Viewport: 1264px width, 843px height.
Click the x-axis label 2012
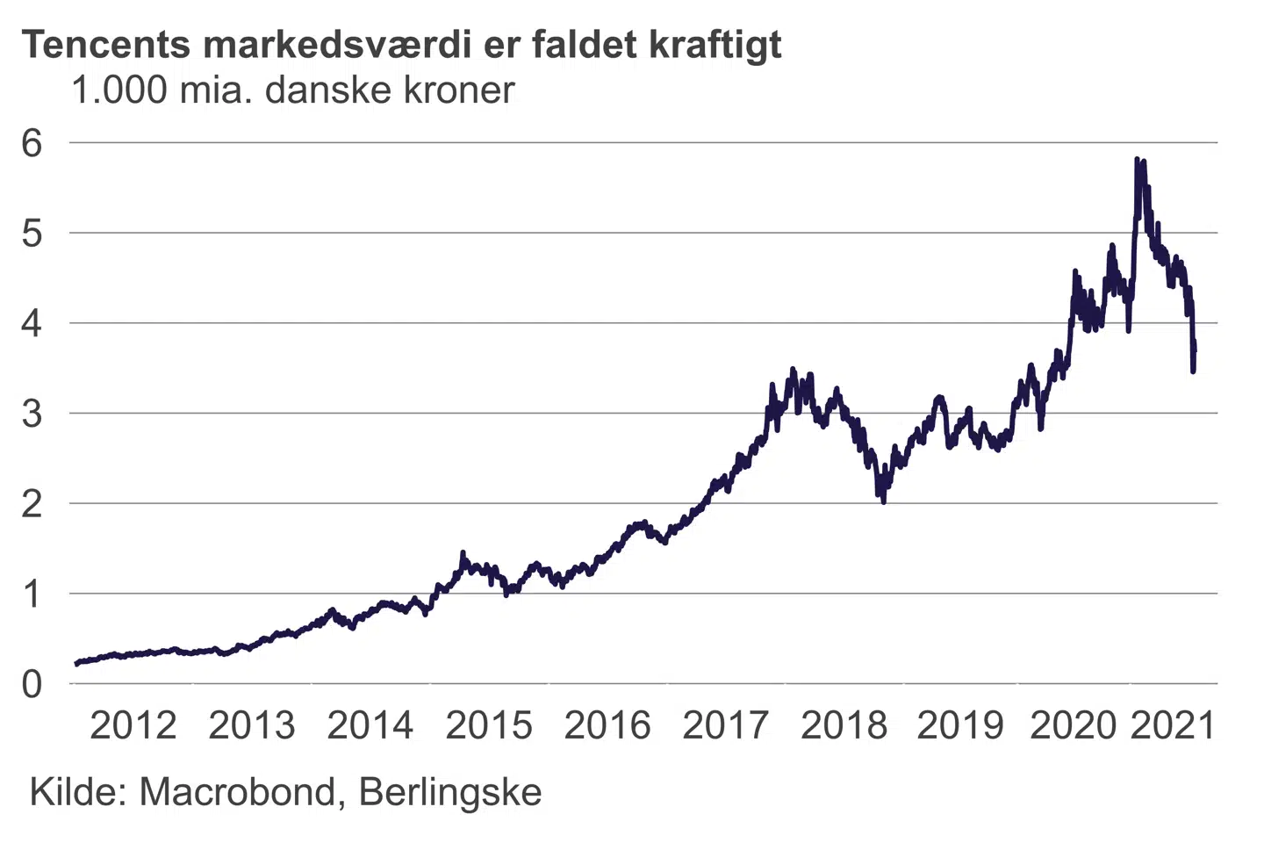pyautogui.click(x=133, y=725)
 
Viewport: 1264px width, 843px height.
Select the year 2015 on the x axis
pyautogui.click(x=489, y=725)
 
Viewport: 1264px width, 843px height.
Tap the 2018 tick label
pyautogui.click(x=844, y=725)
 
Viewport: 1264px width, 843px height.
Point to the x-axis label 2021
pyautogui.click(x=1172, y=725)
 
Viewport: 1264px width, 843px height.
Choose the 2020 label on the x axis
pyautogui.click(x=1073, y=725)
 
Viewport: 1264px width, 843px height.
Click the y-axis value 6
pyautogui.click(x=32, y=143)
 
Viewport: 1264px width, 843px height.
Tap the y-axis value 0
pyautogui.click(x=32, y=684)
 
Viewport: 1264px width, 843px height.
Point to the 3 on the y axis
pyautogui.click(x=32, y=414)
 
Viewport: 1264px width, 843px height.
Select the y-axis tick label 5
pyautogui.click(x=32, y=234)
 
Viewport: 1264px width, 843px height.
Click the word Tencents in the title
pyautogui.click(x=105, y=44)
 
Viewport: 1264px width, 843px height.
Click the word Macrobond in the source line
pyautogui.click(x=237, y=792)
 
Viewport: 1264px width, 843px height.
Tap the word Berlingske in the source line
pyautogui.click(x=450, y=794)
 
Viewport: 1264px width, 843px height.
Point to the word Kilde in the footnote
pyautogui.click(x=78, y=792)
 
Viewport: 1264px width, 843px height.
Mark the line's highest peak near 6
pyautogui.click(x=1137, y=160)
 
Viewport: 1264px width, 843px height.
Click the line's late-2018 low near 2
pyautogui.click(x=882, y=501)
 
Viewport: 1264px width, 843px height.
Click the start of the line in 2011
pyautogui.click(x=77, y=663)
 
